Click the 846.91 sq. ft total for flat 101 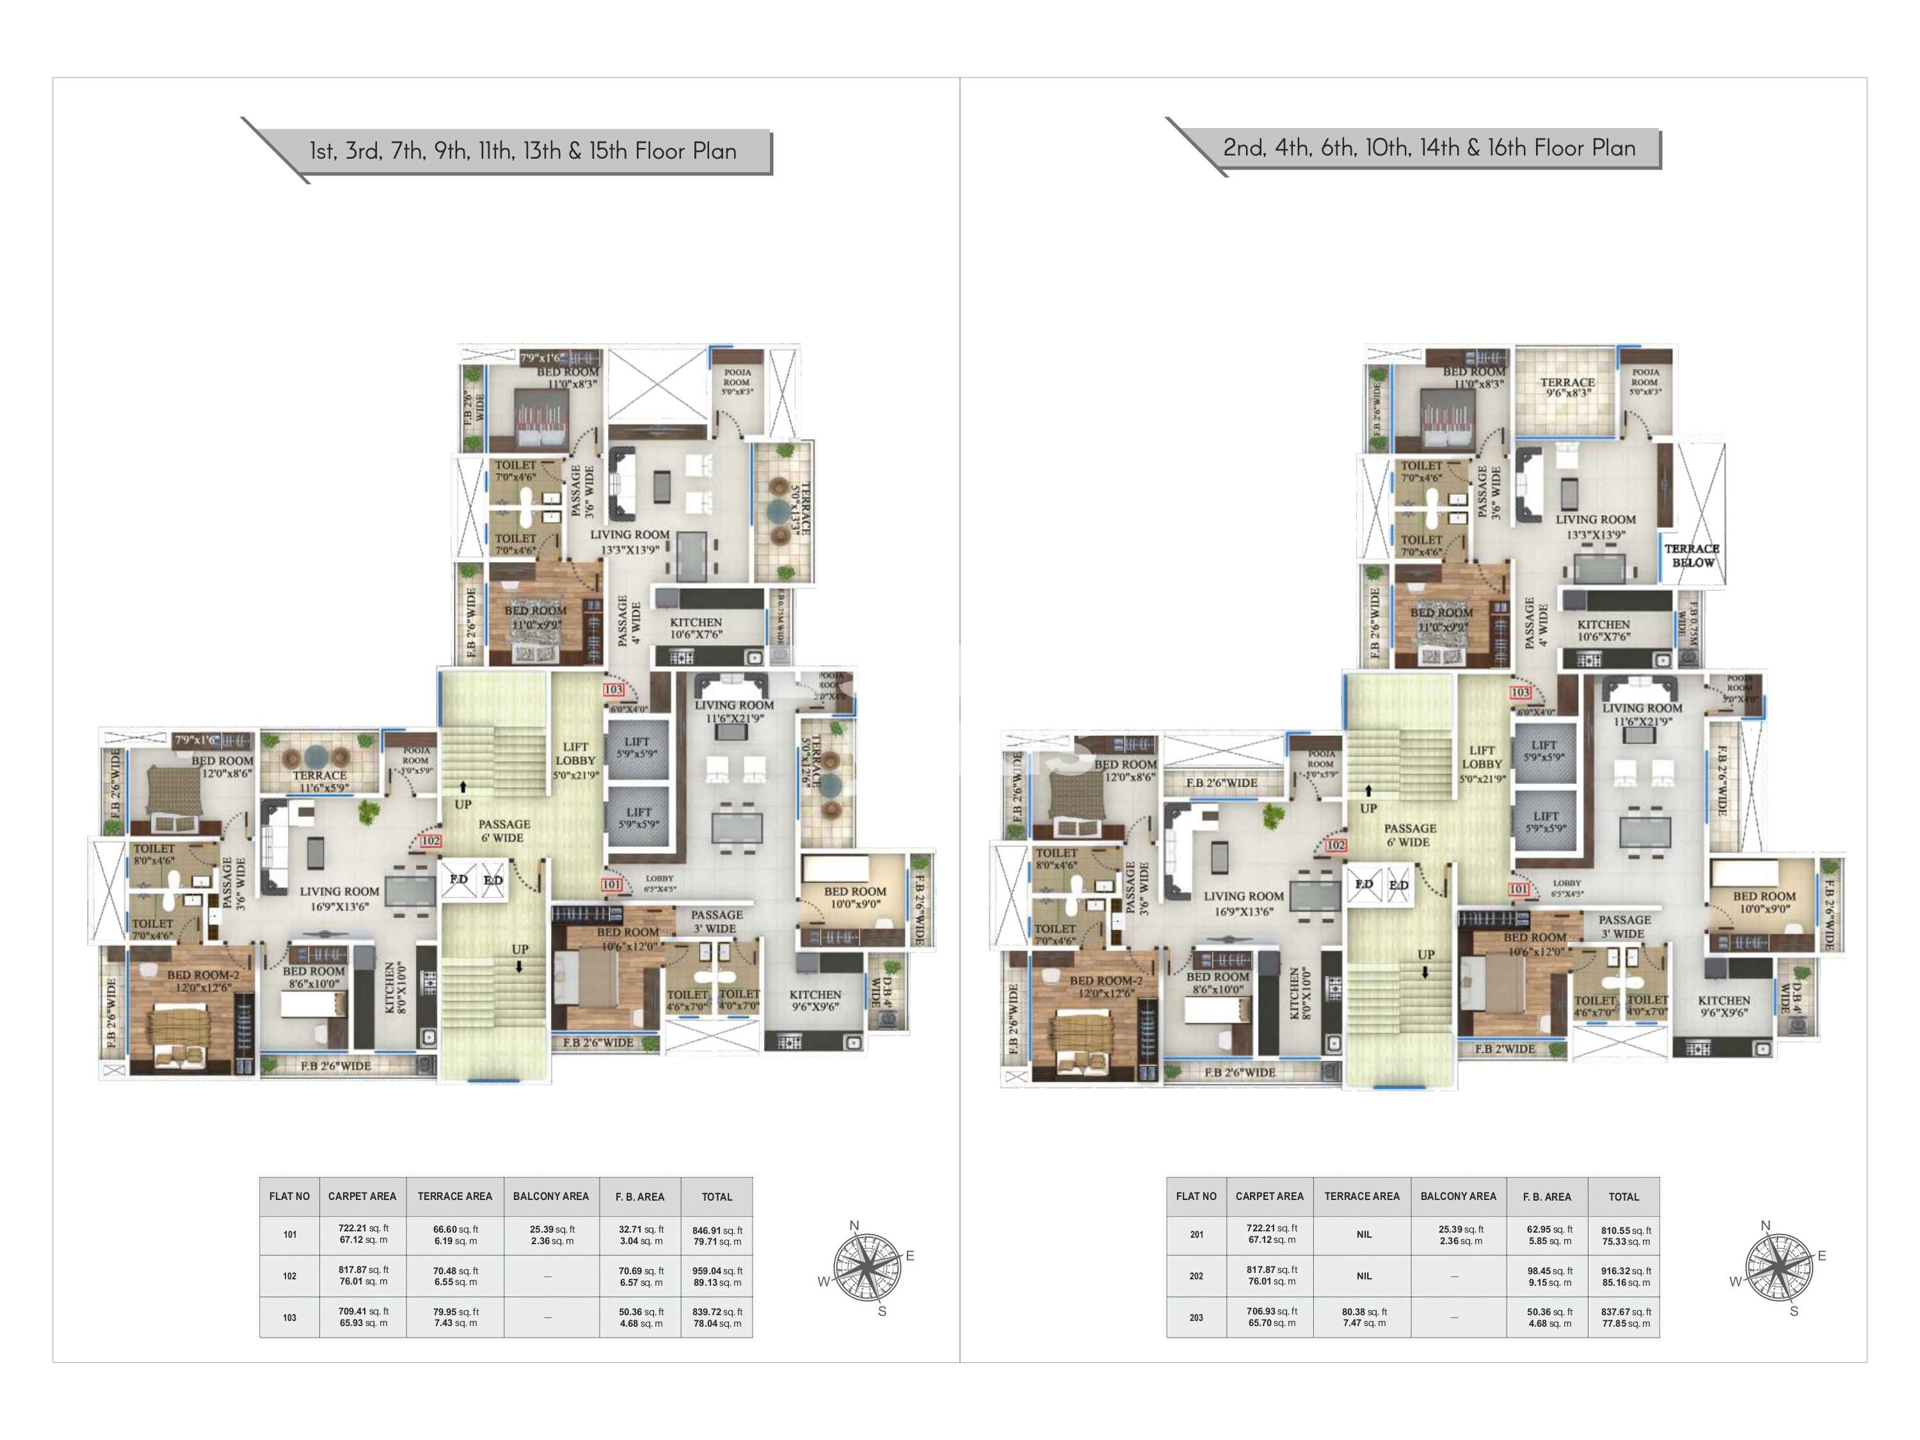tap(717, 1235)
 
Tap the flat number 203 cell tap(1196, 1318)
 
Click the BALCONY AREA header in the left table tap(550, 1196)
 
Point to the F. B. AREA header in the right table tap(1547, 1196)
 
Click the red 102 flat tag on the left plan tap(431, 840)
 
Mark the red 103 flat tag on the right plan tap(1520, 692)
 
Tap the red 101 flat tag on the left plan tap(611, 884)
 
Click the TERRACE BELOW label tap(1692, 556)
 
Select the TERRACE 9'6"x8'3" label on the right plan tap(1567, 387)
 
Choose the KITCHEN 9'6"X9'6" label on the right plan tap(1724, 1006)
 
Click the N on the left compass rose tap(854, 1226)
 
